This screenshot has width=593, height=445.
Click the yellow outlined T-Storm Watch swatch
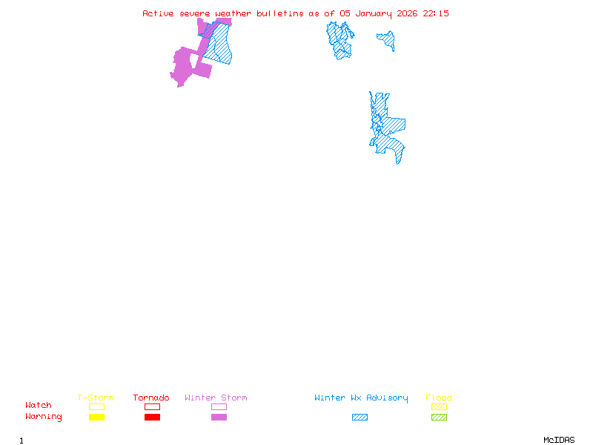pos(96,406)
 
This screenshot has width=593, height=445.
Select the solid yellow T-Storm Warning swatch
pos(96,417)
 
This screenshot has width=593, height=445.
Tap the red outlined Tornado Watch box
pos(152,406)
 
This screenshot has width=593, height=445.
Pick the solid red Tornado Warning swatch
pos(152,417)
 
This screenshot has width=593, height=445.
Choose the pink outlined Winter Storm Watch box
pos(219,406)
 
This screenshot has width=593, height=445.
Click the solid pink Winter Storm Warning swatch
pos(219,417)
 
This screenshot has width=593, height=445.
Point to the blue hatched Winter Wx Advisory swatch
pos(360,417)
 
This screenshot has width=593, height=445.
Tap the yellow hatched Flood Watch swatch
pos(439,406)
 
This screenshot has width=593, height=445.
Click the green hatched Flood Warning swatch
pos(439,417)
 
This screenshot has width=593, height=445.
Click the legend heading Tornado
pos(151,398)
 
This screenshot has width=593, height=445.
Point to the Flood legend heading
pos(439,398)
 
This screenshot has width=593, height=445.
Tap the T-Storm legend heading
pos(96,398)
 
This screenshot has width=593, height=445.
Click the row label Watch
pos(39,406)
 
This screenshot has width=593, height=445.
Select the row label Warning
pos(44,417)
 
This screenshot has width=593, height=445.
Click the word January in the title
pos(375,13)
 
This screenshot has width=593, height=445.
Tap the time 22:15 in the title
pos(436,13)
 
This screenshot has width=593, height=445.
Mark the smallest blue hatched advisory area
pos(387,39)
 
